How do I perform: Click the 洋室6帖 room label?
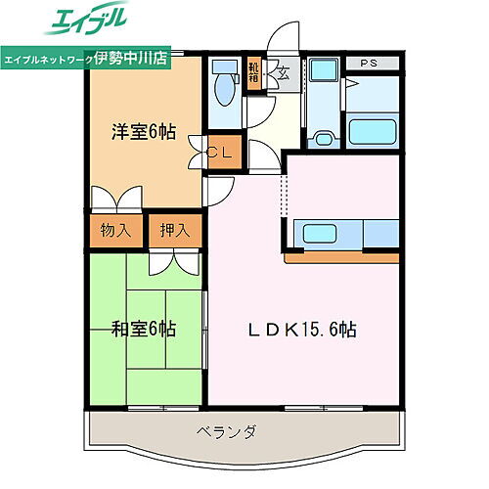coord(142,131)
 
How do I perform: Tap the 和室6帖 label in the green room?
coord(142,330)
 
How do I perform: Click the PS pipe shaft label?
coord(368,65)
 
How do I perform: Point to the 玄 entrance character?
coord(281,70)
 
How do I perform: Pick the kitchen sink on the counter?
coord(323,234)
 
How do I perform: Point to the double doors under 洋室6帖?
coord(114,197)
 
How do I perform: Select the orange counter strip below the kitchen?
coord(342,258)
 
